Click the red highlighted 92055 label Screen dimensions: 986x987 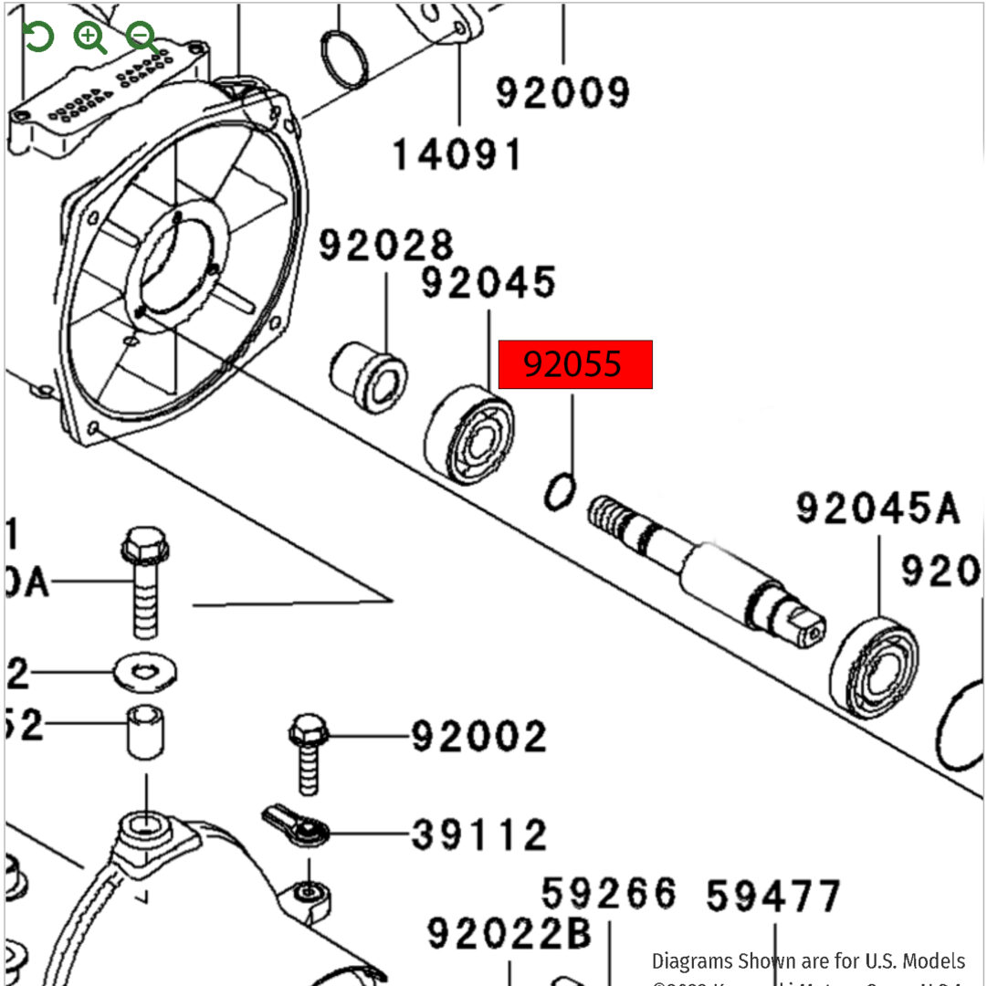click(575, 365)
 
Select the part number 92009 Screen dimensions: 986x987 click(563, 92)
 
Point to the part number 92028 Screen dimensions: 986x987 click(385, 246)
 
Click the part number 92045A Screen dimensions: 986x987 click(877, 509)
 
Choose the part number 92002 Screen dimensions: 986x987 click(478, 736)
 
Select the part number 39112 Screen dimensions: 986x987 click(478, 834)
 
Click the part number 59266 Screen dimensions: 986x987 click(609, 894)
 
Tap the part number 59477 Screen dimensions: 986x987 click(773, 896)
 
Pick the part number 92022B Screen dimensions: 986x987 click(509, 933)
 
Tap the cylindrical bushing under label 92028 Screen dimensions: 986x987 click(368, 376)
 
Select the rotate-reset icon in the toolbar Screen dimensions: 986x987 click(38, 37)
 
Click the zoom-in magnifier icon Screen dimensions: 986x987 click(89, 37)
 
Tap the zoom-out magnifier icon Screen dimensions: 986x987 click(142, 37)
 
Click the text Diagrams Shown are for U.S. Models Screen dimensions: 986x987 click(808, 960)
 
